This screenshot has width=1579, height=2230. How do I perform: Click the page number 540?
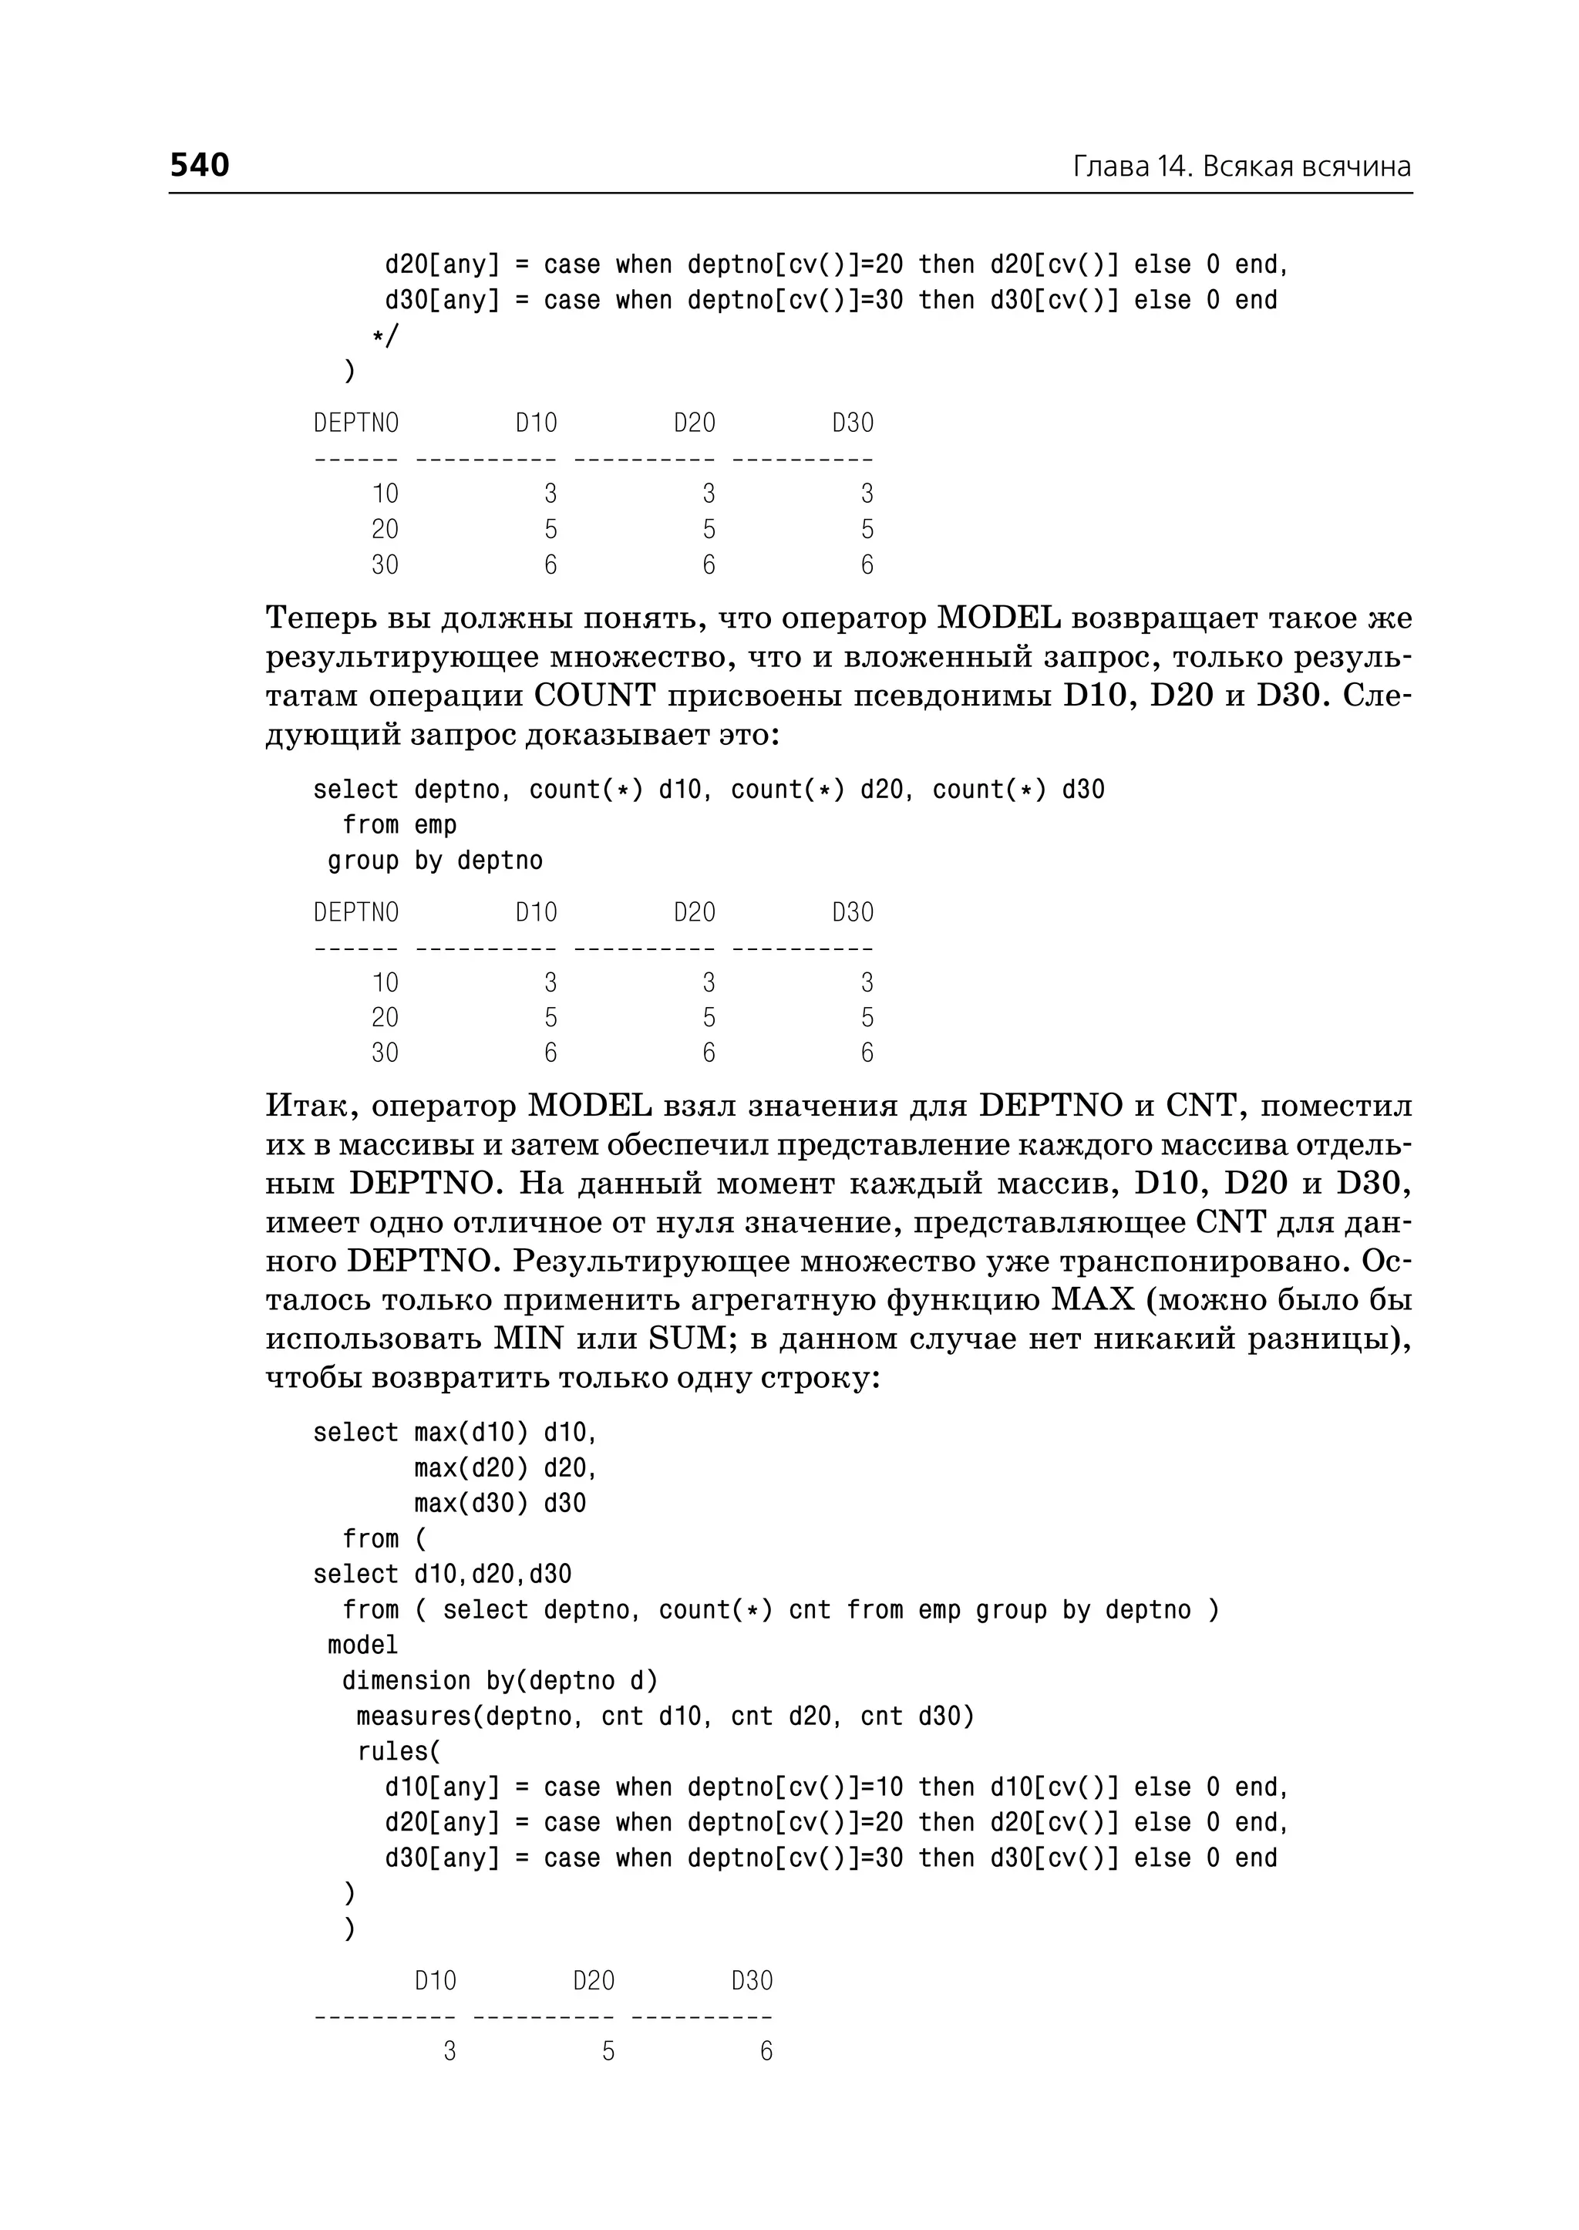200,165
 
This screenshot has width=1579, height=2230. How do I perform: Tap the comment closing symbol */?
385,336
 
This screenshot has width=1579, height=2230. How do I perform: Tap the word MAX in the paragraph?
1092,1300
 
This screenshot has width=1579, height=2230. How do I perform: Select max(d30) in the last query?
470,1504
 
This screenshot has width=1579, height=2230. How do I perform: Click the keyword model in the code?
362,1645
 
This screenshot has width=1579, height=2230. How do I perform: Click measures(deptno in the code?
464,1716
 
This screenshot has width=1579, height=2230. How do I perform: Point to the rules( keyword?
399,1751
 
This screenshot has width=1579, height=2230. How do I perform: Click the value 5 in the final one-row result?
608,2051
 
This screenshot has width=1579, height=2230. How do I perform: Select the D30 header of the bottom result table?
752,1981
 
